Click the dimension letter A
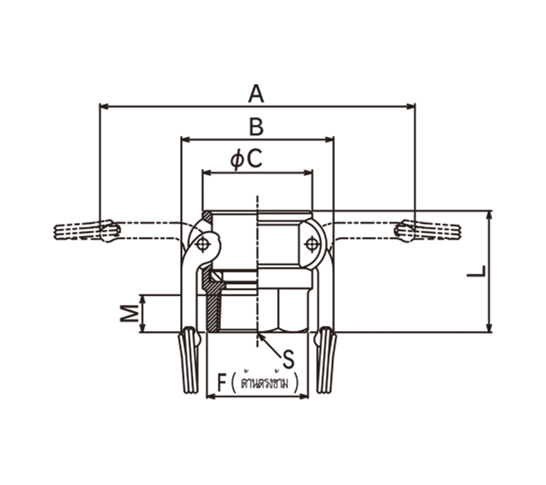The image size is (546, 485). tap(256, 93)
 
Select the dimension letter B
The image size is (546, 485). tap(257, 127)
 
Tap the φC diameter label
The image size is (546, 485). tap(246, 160)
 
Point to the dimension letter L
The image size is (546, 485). tap(476, 272)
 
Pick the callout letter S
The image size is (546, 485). tap(288, 359)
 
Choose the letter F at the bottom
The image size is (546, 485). tap(221, 382)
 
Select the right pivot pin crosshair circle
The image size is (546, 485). tap(312, 244)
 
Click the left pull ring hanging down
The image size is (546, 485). tap(189, 361)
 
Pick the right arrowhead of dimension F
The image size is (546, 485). tap(304, 396)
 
